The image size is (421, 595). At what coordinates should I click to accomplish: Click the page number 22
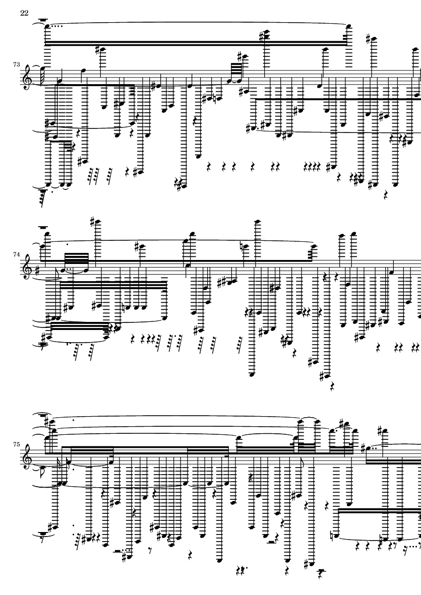point(24,13)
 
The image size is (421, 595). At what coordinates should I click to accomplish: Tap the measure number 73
point(16,64)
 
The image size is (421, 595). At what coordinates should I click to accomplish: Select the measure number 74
point(16,254)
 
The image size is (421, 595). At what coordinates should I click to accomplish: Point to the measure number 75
point(16,444)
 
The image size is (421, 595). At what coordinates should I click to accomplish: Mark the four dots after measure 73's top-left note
point(57,26)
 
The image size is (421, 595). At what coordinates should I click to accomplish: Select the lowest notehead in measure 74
point(251,374)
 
